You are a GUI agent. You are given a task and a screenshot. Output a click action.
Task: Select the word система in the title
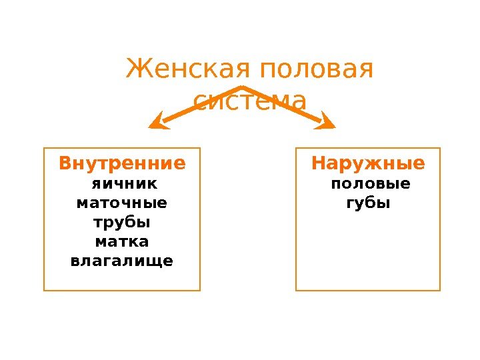[250, 102]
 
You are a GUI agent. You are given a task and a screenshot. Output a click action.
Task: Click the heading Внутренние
[122, 163]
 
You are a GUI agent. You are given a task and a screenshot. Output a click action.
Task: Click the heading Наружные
[368, 163]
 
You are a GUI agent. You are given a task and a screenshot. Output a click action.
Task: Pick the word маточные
[122, 202]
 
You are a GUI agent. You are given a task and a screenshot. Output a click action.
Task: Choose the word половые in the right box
[371, 183]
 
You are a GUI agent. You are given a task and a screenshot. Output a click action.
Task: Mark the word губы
[367, 203]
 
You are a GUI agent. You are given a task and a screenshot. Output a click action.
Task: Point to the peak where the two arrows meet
[241, 87]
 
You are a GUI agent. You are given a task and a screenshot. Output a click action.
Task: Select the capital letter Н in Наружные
[319, 163]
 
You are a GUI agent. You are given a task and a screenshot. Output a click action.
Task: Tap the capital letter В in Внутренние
[65, 163]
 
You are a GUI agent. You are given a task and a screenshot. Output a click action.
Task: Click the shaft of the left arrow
[200, 104]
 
